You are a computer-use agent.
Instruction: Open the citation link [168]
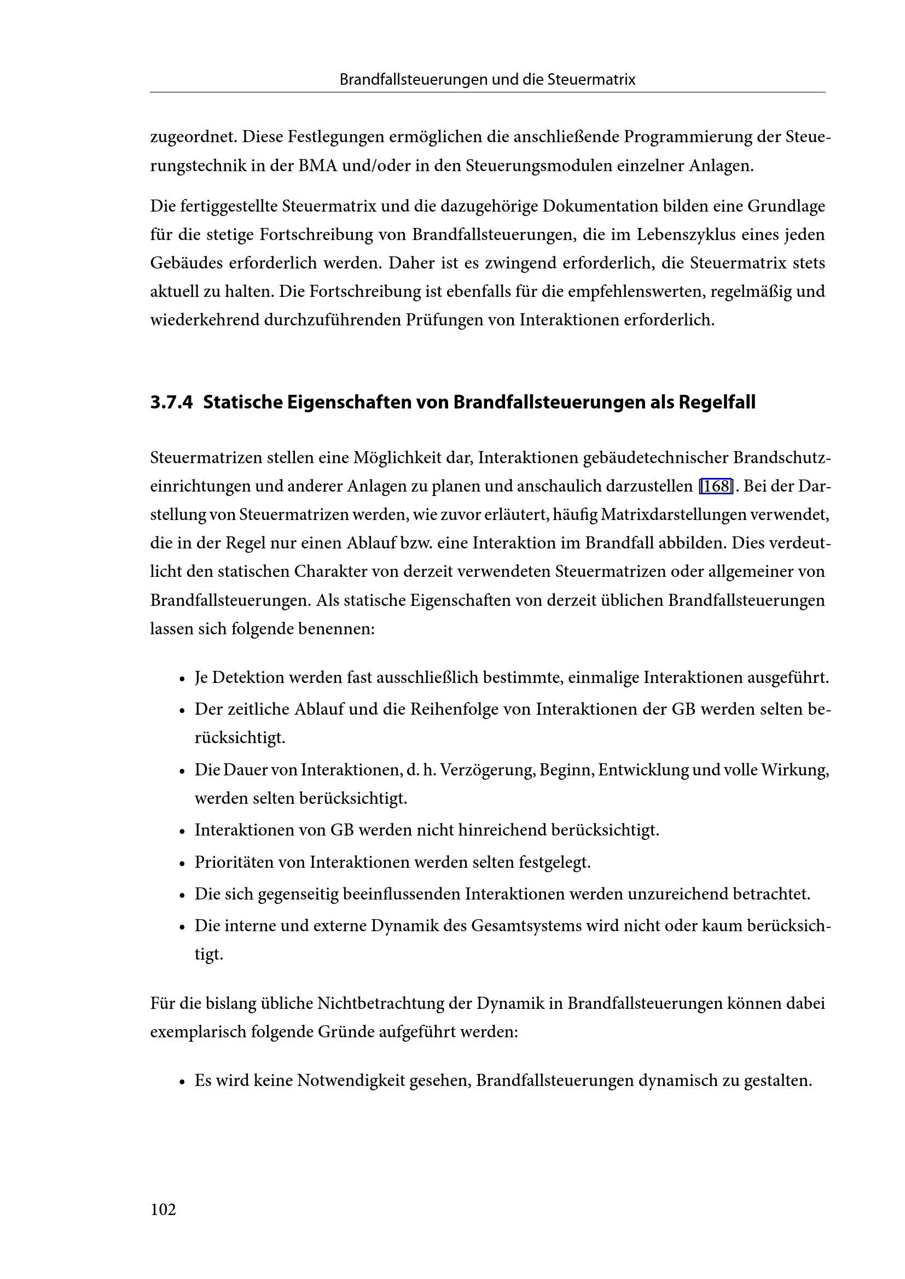point(715,486)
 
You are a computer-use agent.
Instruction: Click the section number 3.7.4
point(171,402)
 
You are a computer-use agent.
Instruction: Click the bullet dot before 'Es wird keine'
point(182,1082)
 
